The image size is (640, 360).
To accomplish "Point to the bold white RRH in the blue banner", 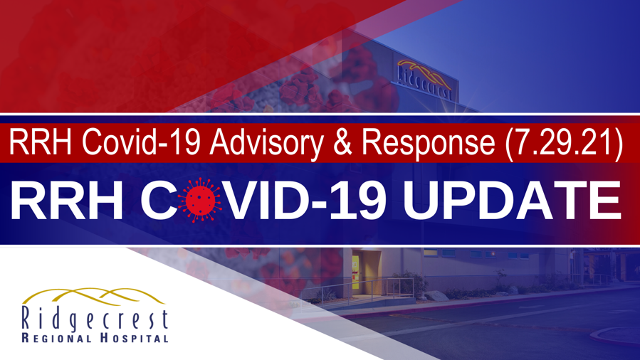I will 66,201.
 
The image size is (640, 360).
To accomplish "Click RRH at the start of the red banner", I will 34,143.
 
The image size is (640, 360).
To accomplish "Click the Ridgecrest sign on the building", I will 424,79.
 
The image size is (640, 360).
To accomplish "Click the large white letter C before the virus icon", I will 160,201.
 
